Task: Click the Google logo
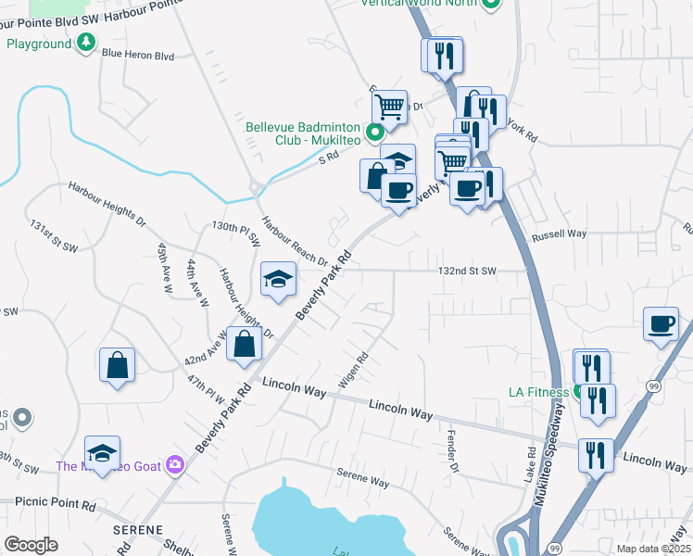[31, 545]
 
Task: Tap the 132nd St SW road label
[468, 271]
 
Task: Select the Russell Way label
[559, 236]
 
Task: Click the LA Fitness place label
[538, 392]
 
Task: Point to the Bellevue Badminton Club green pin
[375, 133]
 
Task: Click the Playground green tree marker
[85, 43]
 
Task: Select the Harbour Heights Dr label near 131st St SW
[107, 205]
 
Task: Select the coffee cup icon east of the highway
[661, 324]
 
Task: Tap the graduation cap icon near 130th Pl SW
[278, 280]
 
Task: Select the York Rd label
[523, 131]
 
